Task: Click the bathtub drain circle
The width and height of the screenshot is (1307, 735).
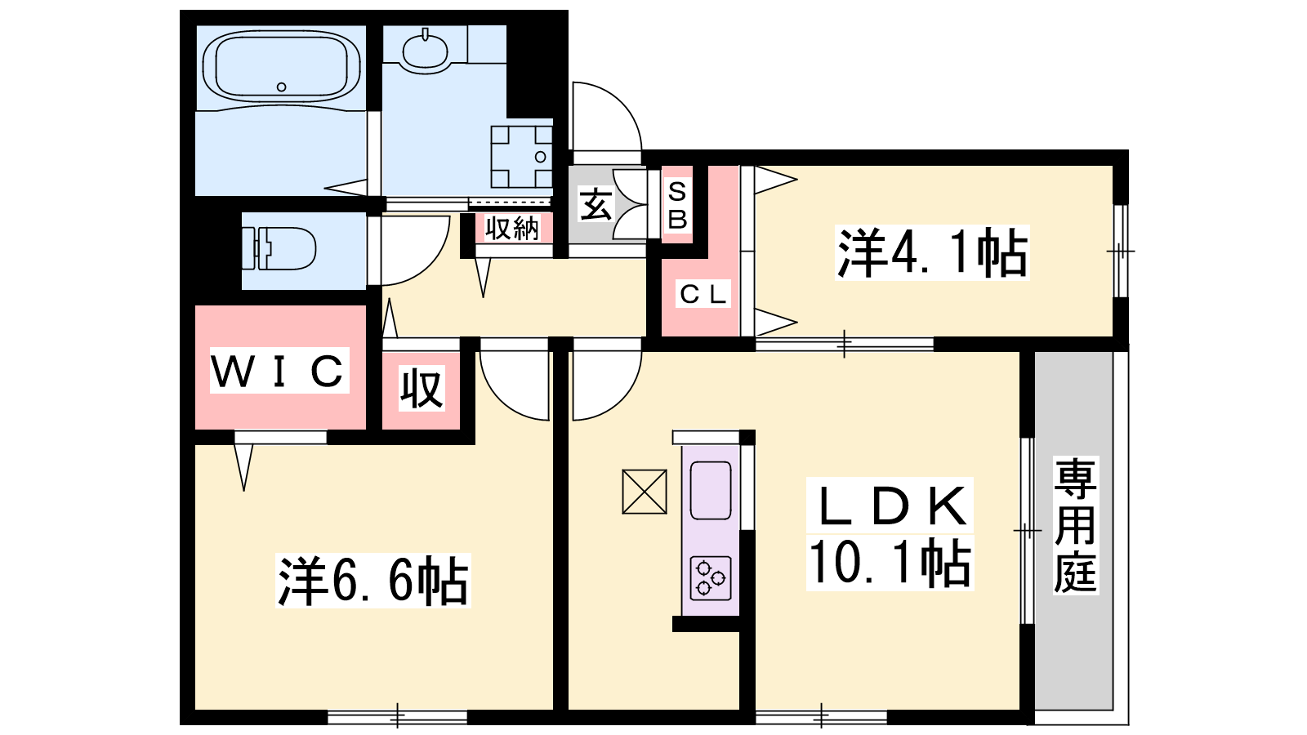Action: pyautogui.click(x=281, y=87)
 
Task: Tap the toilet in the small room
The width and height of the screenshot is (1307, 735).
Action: pyautogui.click(x=279, y=248)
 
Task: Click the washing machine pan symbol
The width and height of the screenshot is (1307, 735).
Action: pyautogui.click(x=521, y=156)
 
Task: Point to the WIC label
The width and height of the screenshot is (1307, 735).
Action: pyautogui.click(x=279, y=371)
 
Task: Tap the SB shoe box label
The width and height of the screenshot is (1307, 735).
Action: pyautogui.click(x=677, y=205)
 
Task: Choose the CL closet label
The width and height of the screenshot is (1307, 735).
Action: pyautogui.click(x=703, y=293)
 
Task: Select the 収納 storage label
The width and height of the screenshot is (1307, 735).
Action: pyautogui.click(x=511, y=228)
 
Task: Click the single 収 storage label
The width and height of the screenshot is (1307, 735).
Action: pyautogui.click(x=422, y=388)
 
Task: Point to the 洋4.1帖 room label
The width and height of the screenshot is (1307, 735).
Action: pyautogui.click(x=932, y=252)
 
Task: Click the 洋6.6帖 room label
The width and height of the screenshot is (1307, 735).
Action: pyautogui.click(x=372, y=581)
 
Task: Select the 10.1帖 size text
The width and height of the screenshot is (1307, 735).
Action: pyautogui.click(x=890, y=562)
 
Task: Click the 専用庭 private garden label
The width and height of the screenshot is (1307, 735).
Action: pyautogui.click(x=1075, y=525)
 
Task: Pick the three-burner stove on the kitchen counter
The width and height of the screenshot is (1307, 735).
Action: pyautogui.click(x=711, y=578)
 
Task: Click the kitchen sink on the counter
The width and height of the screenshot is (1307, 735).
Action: pyautogui.click(x=711, y=491)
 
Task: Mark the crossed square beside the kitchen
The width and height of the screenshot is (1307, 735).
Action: pyautogui.click(x=645, y=492)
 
